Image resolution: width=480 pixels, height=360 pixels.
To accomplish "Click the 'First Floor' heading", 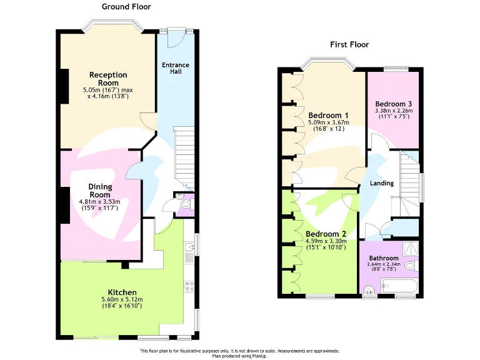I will point(349,44).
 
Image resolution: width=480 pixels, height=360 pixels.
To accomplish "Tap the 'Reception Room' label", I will point(108,79).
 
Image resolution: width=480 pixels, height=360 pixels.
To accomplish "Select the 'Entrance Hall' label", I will point(175,68).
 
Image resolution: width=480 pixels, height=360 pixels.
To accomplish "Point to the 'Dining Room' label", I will point(100,191).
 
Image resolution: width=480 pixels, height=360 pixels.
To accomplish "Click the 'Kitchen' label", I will point(122,292).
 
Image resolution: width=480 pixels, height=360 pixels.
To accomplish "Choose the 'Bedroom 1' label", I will point(328,115).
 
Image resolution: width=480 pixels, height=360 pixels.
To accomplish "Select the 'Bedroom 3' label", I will point(393,104).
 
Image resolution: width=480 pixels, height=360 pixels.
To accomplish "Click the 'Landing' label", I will point(381,183).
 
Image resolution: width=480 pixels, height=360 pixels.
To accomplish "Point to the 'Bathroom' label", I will point(383,258).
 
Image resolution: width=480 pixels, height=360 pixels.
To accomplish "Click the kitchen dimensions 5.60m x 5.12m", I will point(122,300).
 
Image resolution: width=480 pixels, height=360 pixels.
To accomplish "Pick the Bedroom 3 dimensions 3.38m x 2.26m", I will point(393,111).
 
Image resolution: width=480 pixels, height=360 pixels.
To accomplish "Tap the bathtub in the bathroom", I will point(397,287).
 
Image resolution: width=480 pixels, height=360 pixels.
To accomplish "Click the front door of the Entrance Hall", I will point(176,38).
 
